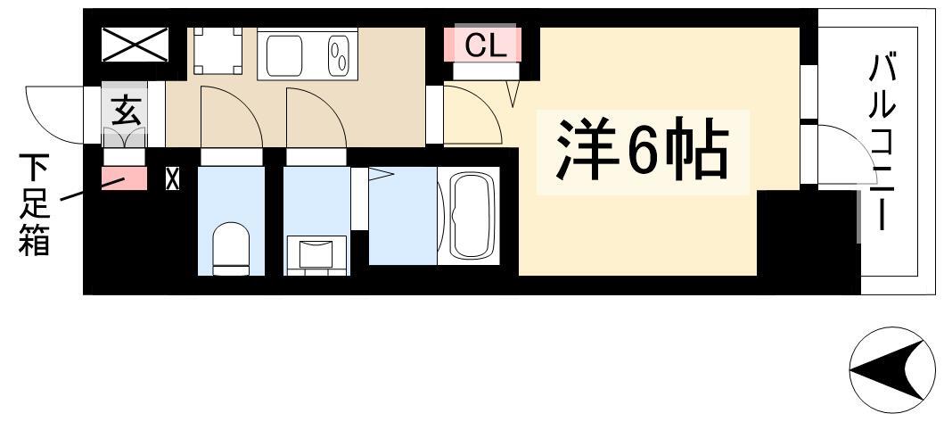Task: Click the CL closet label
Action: tap(485, 46)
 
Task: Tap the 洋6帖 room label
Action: tap(642, 149)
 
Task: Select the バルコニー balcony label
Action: tap(882, 142)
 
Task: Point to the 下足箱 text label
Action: tap(34, 204)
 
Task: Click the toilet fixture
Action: tap(231, 248)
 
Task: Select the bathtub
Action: tap(469, 216)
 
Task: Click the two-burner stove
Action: tap(340, 54)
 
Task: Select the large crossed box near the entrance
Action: tap(135, 44)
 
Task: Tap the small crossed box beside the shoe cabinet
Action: tap(172, 178)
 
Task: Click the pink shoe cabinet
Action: tap(124, 178)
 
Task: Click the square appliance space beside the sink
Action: tap(218, 51)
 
